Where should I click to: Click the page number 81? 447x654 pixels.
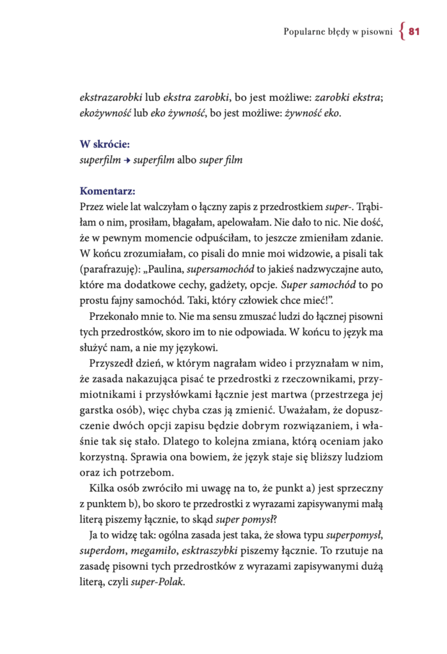[413, 31]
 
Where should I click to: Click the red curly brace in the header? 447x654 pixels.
[401, 31]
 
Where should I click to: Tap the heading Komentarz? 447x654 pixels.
[108, 190]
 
